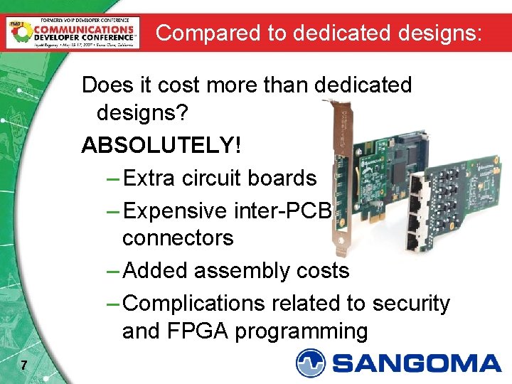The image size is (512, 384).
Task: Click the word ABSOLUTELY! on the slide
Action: [161, 145]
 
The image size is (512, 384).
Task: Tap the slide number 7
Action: [24, 366]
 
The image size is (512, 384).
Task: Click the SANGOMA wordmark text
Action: [417, 363]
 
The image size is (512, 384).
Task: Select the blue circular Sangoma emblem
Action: [311, 363]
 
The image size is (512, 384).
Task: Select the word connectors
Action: [178, 238]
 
